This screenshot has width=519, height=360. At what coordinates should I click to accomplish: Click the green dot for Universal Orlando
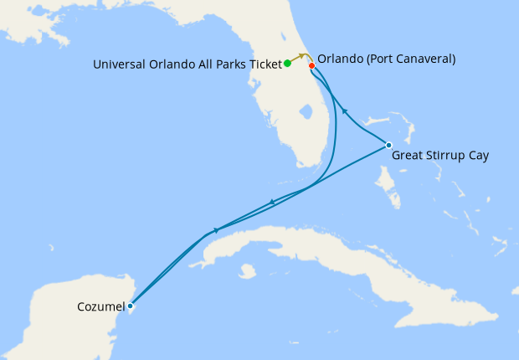[x=287, y=63]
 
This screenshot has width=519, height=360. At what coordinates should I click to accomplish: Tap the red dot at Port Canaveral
[x=311, y=65]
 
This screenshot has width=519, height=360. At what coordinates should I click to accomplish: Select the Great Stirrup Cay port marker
[x=388, y=145]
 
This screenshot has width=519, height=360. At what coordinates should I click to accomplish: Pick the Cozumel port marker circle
[x=130, y=306]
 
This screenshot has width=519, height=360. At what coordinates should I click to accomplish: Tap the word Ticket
[x=263, y=64]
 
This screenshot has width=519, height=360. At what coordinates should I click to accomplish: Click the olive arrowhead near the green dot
[x=300, y=56]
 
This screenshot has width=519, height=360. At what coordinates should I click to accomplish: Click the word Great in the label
[x=407, y=156]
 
